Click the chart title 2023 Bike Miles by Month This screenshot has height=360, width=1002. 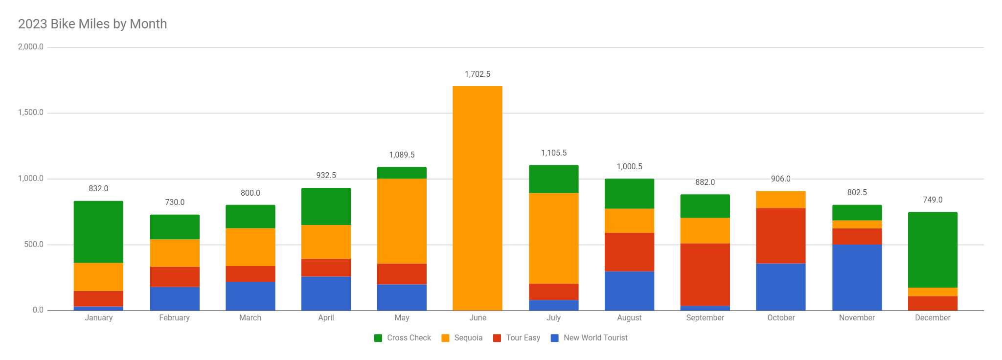[x=92, y=24]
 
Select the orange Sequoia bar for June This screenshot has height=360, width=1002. [x=477, y=198]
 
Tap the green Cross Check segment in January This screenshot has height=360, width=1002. [x=98, y=232]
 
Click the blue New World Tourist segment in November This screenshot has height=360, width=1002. [x=857, y=277]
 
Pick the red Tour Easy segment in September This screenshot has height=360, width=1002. [x=705, y=274]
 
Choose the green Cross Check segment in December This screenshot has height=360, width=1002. [x=932, y=249]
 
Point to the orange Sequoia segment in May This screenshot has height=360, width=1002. [x=402, y=221]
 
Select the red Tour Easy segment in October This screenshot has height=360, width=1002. [x=780, y=236]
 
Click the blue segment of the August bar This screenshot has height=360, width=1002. [x=629, y=291]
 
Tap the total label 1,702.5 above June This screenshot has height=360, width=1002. [x=477, y=74]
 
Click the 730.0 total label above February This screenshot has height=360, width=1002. [x=175, y=202]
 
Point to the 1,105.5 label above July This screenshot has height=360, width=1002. [x=553, y=153]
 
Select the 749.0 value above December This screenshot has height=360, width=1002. [x=932, y=200]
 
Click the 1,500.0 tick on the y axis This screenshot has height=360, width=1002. [x=31, y=112]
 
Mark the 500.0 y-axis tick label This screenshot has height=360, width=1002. [x=34, y=245]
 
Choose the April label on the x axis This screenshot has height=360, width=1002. [x=326, y=318]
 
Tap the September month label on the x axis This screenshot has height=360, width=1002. [x=705, y=318]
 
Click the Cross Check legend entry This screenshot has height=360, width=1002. [x=403, y=338]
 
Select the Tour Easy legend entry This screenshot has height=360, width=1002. [x=517, y=338]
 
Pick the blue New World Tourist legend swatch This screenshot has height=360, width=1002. [x=555, y=338]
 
